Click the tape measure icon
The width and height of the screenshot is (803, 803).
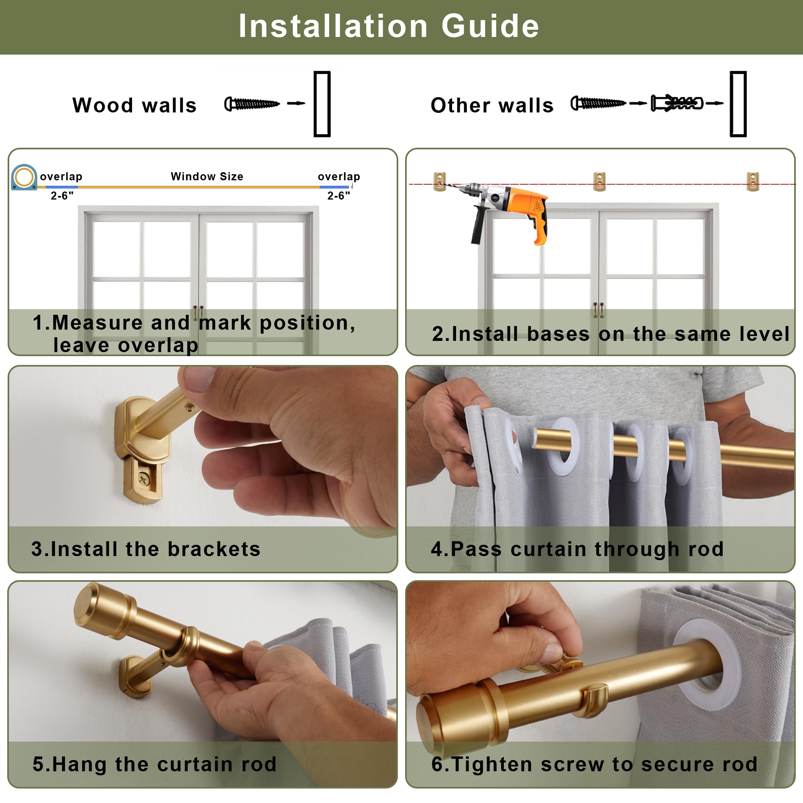(24, 177)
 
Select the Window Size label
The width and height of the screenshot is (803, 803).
(207, 176)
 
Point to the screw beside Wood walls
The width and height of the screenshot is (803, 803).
(252, 104)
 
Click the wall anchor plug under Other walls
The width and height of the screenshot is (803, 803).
(677, 103)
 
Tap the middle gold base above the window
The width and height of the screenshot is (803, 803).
(599, 181)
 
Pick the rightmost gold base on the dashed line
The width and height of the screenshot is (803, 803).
(753, 181)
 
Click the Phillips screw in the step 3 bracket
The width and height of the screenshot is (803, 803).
(144, 481)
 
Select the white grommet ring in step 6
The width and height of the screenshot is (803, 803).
(707, 665)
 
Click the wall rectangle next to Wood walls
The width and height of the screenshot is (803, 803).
(322, 104)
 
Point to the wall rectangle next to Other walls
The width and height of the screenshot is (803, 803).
(738, 104)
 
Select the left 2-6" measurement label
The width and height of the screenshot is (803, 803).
(62, 196)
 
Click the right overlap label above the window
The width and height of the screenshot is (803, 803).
(339, 177)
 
